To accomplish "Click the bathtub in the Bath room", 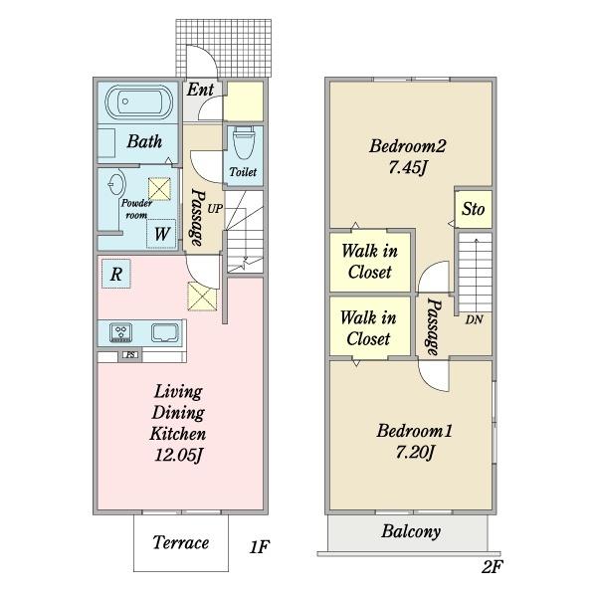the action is (x=139, y=102).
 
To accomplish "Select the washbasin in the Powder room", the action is (x=116, y=185).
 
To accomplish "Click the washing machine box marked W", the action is (x=161, y=234).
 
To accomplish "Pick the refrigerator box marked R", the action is (x=116, y=274).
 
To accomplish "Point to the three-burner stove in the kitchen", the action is (x=121, y=332).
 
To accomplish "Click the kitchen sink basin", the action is (x=165, y=332).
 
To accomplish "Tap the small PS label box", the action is (x=130, y=355).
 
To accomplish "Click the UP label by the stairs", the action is (x=215, y=209).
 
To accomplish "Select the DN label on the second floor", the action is (x=474, y=319).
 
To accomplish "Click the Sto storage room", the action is (x=474, y=209).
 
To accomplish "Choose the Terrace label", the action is (x=181, y=542).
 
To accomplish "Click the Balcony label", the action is (x=411, y=531).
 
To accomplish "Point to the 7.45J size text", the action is (x=407, y=167).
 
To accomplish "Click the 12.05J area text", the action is (x=178, y=455).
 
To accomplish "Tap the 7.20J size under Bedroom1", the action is (x=415, y=453).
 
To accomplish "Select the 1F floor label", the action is (x=259, y=547).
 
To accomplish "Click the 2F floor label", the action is (x=493, y=567).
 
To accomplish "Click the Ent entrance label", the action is (x=200, y=90).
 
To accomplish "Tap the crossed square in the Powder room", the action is (x=159, y=188).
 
